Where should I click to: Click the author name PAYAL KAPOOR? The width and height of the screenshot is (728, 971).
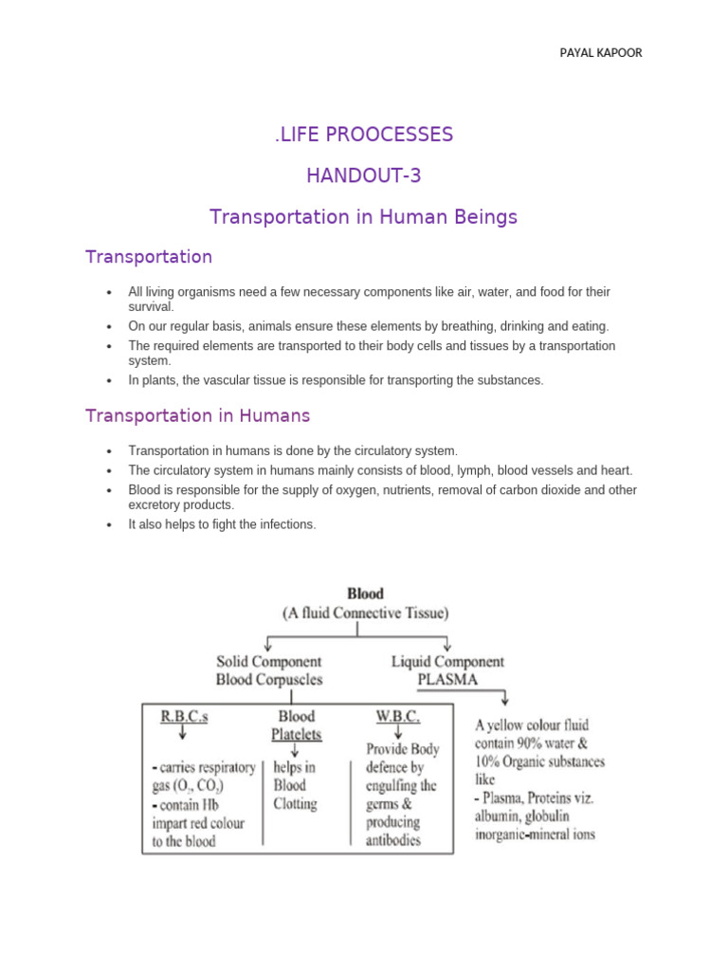[600, 53]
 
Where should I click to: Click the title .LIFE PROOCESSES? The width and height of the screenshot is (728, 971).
[364, 135]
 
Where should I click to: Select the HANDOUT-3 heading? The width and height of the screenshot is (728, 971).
[364, 175]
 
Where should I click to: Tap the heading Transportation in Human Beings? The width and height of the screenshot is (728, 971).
[364, 217]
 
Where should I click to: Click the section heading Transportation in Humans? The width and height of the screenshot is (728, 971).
[197, 415]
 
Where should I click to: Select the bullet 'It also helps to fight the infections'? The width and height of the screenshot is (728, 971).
[222, 524]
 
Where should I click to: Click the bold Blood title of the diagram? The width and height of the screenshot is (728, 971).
[365, 595]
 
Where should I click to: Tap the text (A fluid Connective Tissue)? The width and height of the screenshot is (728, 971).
[365, 614]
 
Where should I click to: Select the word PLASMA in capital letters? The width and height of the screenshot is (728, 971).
[447, 680]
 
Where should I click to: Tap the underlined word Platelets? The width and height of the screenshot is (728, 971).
[298, 735]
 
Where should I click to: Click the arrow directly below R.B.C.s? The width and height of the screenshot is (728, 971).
[180, 734]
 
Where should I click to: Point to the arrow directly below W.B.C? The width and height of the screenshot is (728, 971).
[399, 733]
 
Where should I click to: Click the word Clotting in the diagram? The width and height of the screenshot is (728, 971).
[296, 804]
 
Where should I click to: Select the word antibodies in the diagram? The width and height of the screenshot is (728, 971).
[393, 841]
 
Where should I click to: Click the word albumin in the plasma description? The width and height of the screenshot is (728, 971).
[500, 816]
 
